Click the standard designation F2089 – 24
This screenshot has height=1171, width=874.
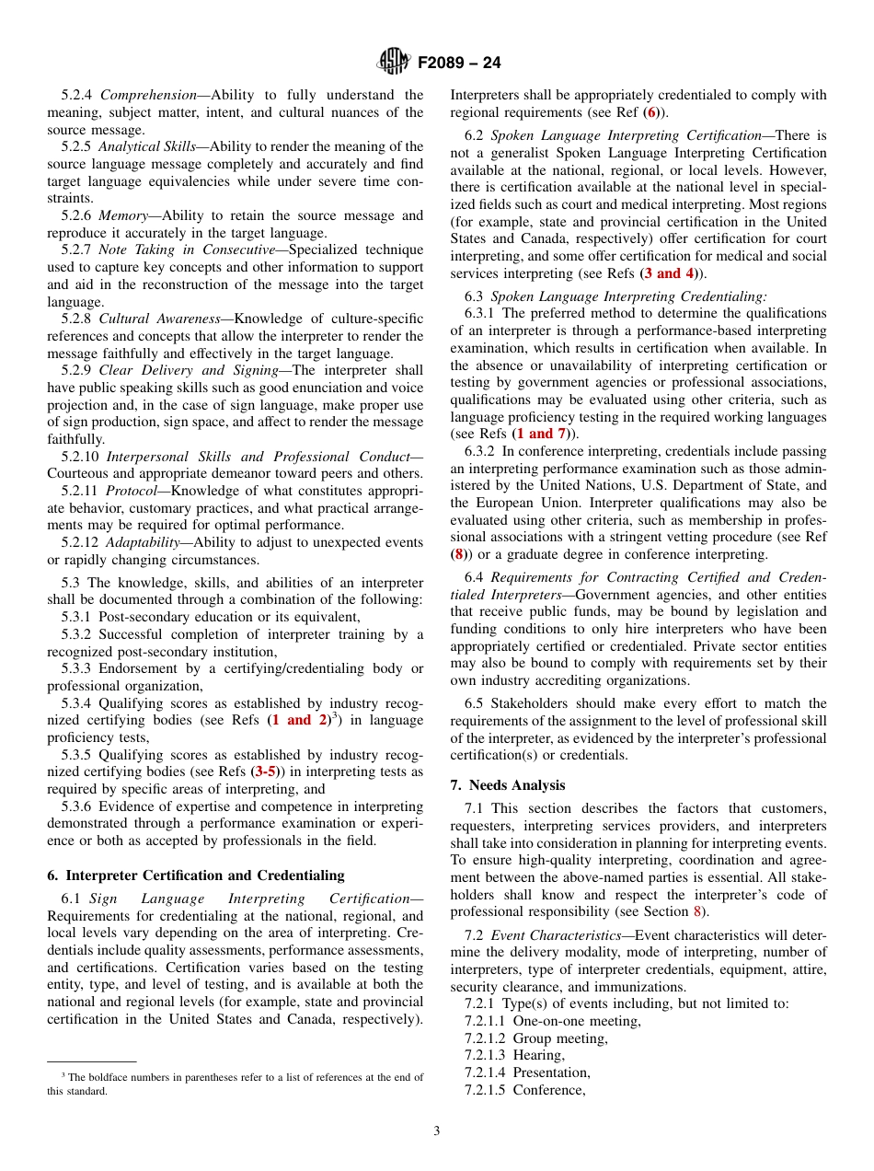pos(459,64)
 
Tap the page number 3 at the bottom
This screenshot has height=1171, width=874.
pos(437,1130)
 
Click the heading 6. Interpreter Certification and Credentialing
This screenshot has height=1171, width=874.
pos(196,875)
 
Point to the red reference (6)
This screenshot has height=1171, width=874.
pos(651,112)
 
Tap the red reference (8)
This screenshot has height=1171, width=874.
pos(458,554)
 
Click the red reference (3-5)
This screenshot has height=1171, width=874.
pos(266,771)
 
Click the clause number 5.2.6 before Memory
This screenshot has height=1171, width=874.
pos(78,215)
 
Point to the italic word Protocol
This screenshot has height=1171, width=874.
pos(132,491)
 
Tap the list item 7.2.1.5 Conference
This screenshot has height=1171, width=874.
pos(524,1090)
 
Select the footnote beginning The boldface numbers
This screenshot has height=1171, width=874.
pos(235,1084)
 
